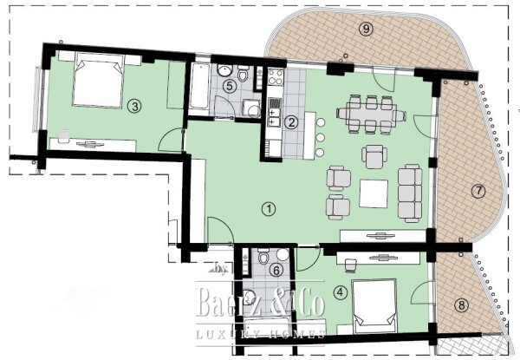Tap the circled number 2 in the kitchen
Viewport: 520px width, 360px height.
pos(292,122)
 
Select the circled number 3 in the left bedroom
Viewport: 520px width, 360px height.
pos(133,106)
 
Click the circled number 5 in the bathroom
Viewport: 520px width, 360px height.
pos(229,86)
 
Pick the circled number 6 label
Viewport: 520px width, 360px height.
pos(276,271)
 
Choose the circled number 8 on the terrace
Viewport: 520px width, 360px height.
pos(461,304)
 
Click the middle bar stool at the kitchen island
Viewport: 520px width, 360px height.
pos(320,137)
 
